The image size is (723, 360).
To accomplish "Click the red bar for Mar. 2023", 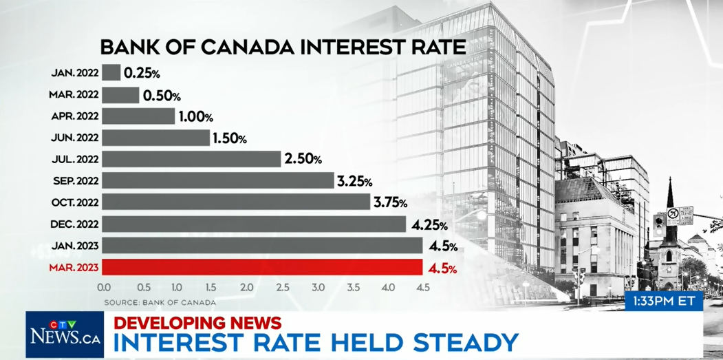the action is click(262, 267).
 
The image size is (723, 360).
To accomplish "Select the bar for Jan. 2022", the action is click(111, 72).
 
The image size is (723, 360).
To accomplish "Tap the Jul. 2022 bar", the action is click(191, 159).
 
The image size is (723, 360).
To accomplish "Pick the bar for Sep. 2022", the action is click(218, 180).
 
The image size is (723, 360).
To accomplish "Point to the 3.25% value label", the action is click(354, 182).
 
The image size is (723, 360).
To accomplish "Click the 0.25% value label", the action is click(142, 74).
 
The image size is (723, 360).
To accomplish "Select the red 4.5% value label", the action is click(442, 268).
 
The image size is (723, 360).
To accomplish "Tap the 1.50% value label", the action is click(230, 138).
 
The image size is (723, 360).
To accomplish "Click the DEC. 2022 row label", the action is click(75, 224).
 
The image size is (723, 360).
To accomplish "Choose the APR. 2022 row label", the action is click(75, 116).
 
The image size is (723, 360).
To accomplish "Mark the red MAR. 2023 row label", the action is click(74, 268).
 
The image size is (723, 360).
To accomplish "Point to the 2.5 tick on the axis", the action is click(283, 287).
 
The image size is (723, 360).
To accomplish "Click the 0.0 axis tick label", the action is click(104, 287).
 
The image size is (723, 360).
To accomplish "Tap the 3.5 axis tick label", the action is click(354, 287).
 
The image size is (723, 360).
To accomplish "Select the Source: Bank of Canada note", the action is click(160, 303).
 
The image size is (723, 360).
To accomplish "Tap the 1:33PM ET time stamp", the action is click(664, 301).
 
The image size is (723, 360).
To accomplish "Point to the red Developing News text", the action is click(197, 323).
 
